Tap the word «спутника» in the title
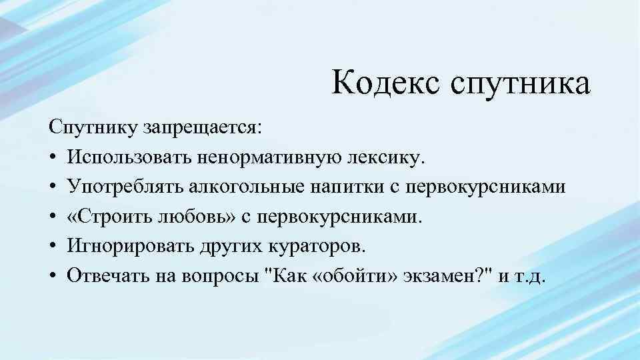tap(521, 85)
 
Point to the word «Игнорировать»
tap(129, 247)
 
